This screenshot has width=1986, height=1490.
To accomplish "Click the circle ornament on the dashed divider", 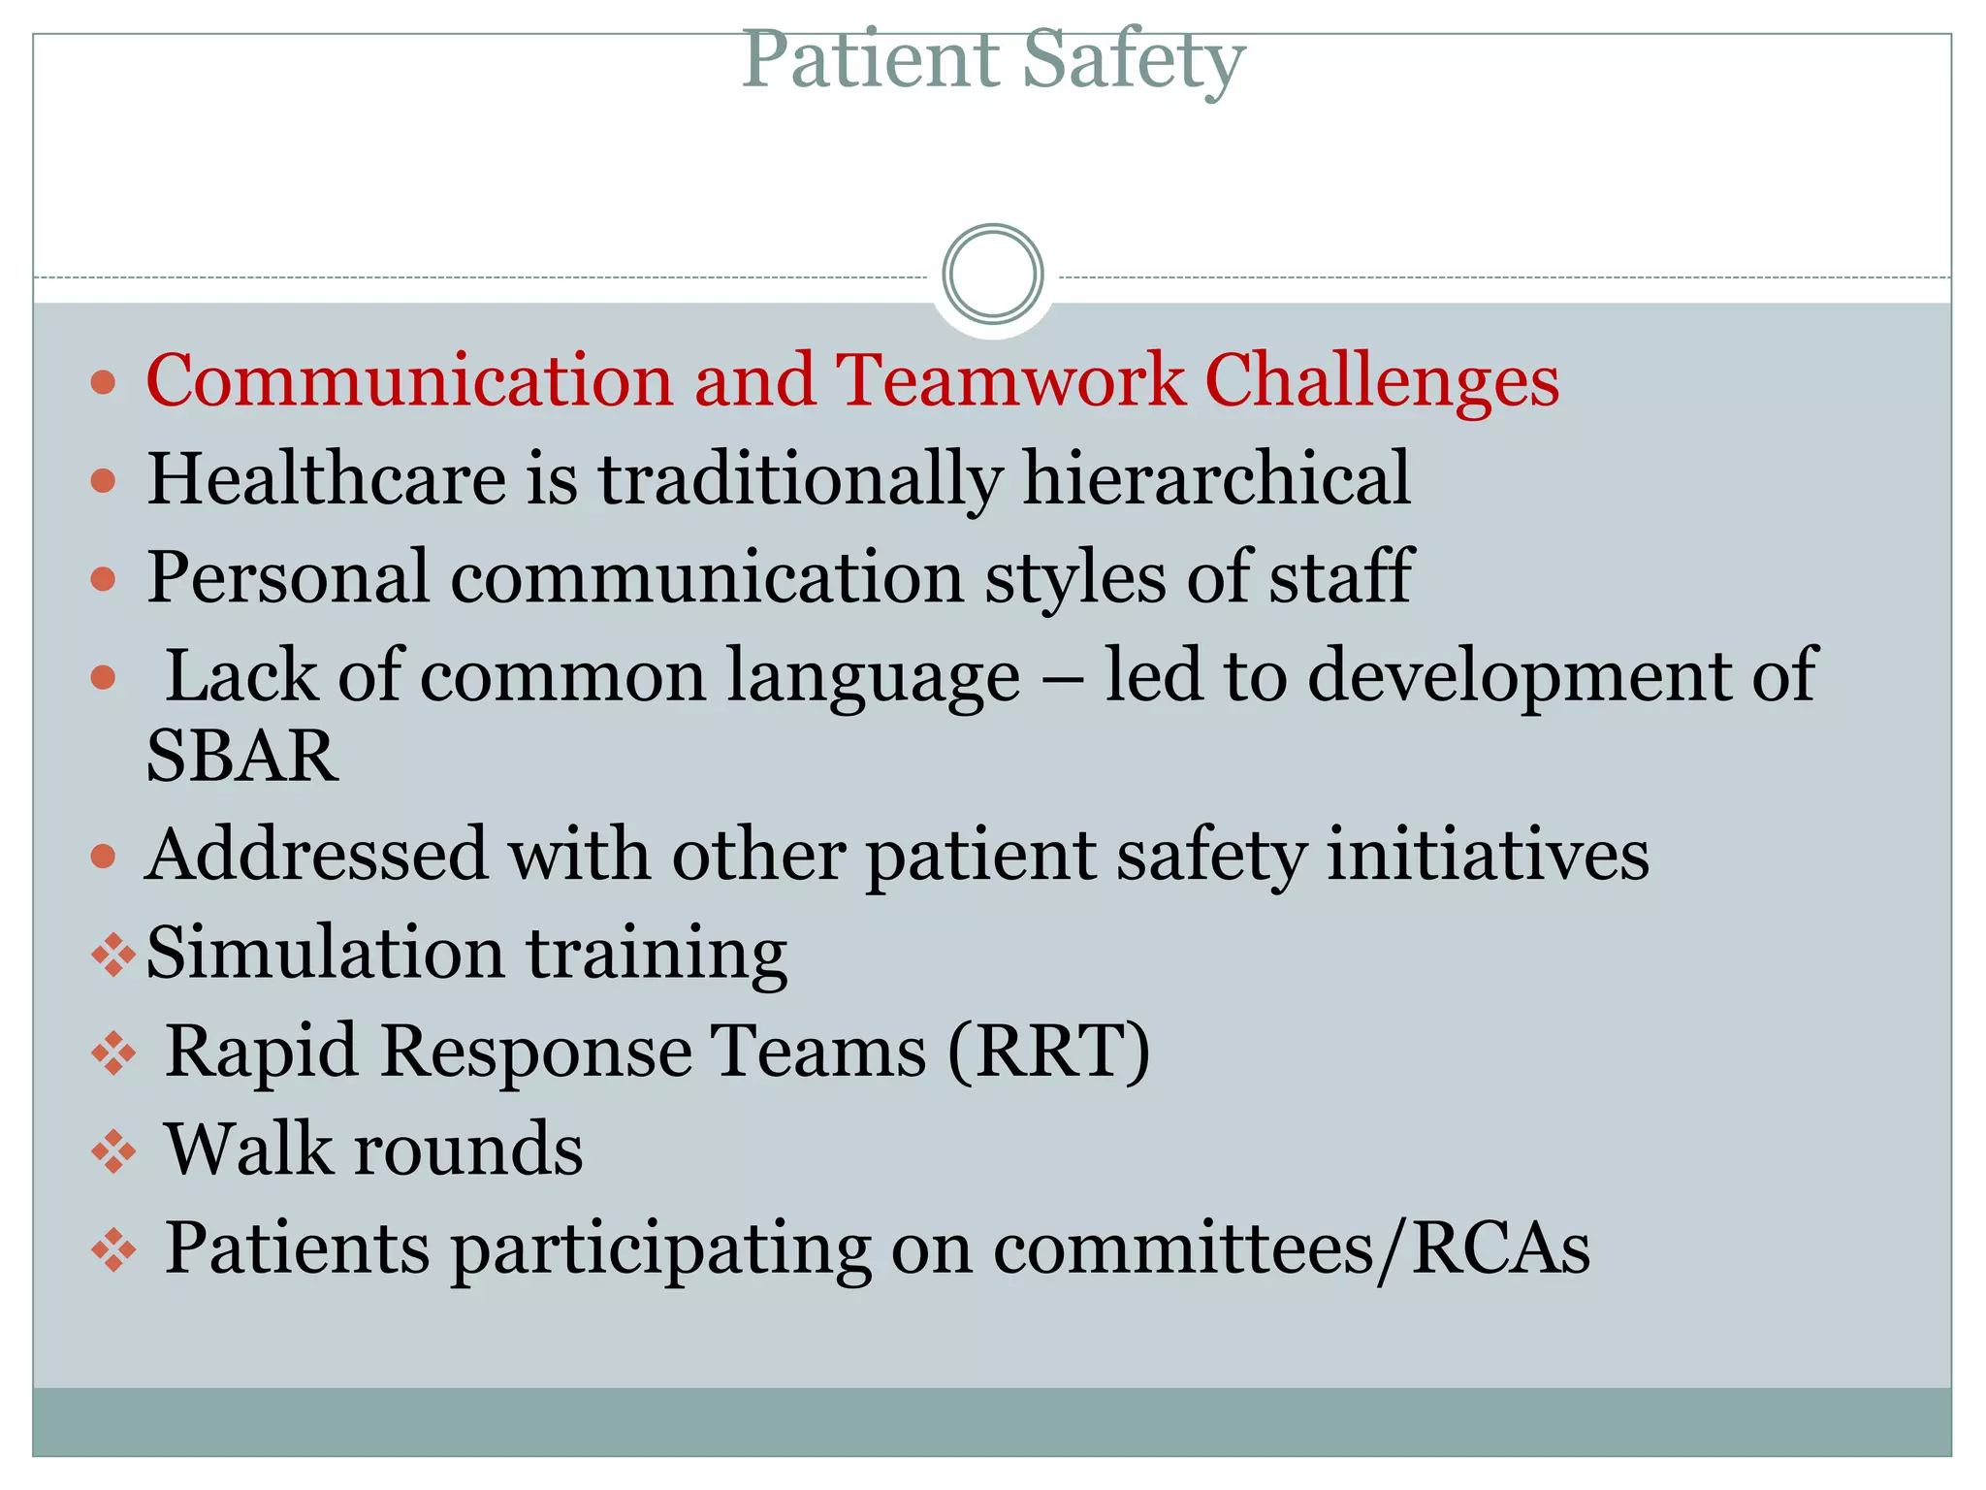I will [992, 275].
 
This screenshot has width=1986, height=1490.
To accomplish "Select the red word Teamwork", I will [1009, 380].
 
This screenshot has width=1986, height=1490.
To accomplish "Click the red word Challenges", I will [1382, 380].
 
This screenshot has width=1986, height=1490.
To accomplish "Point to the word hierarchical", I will [1216, 478].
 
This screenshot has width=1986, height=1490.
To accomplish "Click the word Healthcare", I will [326, 478].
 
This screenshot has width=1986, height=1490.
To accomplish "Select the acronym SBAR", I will [242, 756].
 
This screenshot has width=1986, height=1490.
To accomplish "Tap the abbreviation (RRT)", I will [1048, 1051].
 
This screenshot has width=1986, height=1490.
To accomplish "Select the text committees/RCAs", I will [1291, 1248].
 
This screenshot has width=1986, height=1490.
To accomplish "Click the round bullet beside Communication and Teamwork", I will [103, 381].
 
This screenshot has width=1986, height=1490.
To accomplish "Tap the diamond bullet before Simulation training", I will [112, 955].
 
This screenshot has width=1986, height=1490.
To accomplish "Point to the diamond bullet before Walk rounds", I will [112, 1151].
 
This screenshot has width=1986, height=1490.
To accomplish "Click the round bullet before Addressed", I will [103, 857].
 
